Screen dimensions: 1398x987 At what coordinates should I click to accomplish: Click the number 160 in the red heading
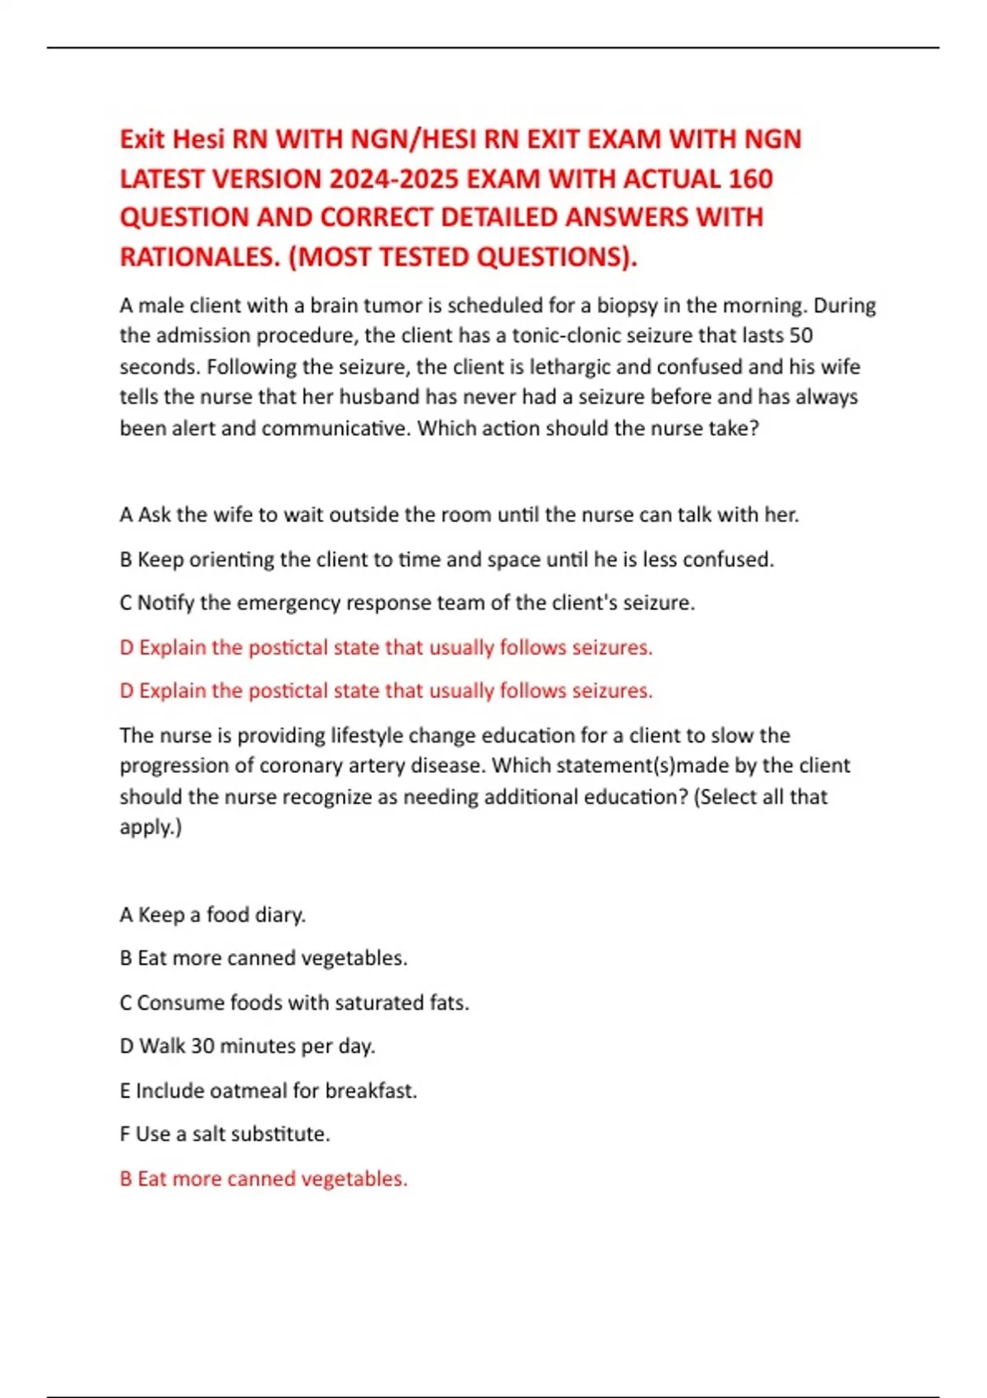tap(744, 178)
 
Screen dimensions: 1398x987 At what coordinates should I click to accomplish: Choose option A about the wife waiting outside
tap(459, 515)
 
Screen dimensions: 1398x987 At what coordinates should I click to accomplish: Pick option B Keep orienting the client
tap(447, 559)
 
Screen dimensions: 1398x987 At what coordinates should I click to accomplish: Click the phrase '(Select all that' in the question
tap(761, 797)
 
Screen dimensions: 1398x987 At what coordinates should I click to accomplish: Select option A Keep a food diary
tap(212, 914)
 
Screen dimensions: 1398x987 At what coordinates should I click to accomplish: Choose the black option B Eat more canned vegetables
tap(263, 958)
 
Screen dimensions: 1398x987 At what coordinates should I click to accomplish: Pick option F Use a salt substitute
tap(225, 1134)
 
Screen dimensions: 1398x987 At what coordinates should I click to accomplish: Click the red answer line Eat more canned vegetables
tap(263, 1178)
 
